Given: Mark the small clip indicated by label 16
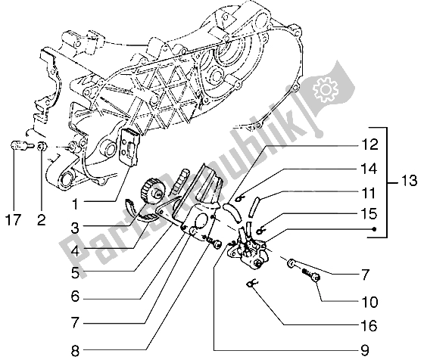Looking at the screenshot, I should [251, 284].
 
